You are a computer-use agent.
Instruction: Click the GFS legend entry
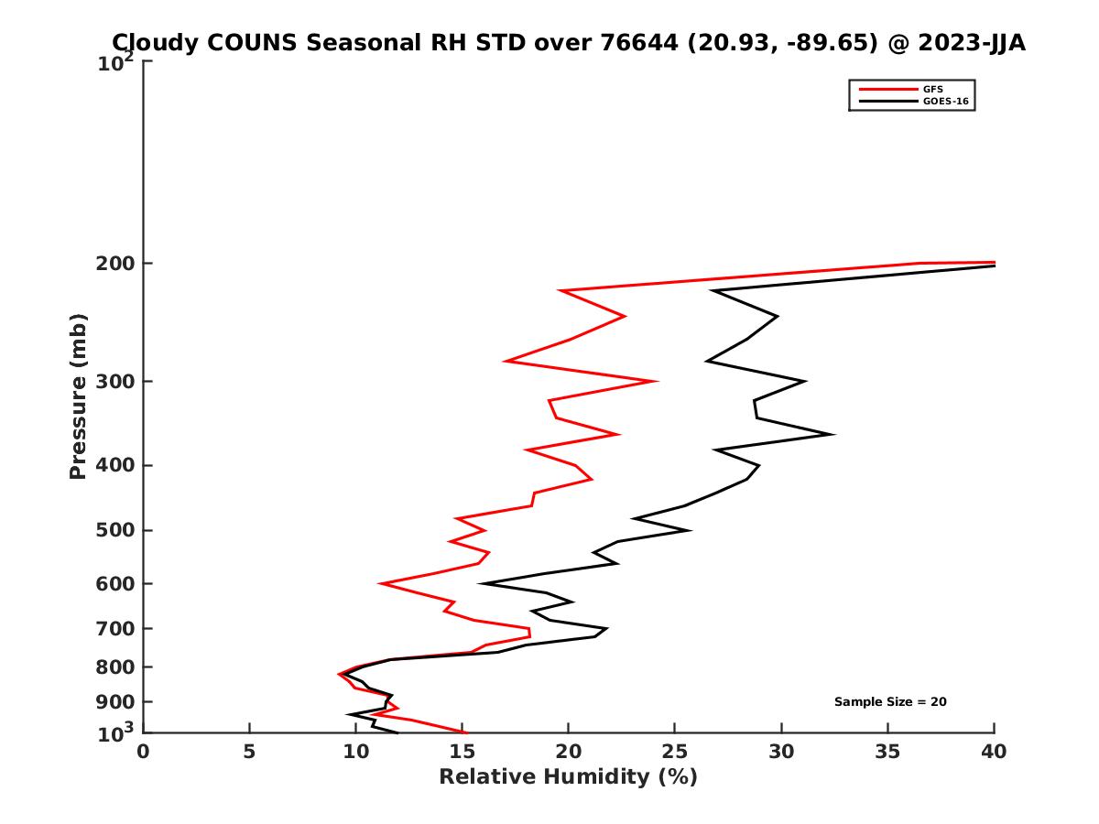coord(935,89)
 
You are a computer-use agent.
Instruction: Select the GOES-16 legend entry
coord(942,101)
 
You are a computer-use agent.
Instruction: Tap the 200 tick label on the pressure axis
coord(114,264)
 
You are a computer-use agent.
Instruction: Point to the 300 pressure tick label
coord(114,382)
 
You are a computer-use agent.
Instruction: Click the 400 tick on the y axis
coord(114,465)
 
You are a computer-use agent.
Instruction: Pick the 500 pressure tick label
coord(114,530)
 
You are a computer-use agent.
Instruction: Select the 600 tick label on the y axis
coord(114,583)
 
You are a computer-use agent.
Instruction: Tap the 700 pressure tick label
coord(114,628)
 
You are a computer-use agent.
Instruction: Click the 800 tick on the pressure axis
coord(114,667)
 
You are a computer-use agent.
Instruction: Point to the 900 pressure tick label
coord(114,702)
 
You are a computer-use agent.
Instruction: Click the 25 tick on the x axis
coord(675,752)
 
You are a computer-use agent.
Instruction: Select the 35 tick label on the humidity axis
coord(887,752)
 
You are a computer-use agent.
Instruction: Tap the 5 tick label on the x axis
coord(249,752)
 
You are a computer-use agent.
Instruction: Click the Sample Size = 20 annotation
coord(890,702)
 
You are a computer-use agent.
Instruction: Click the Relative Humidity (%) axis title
coord(568,777)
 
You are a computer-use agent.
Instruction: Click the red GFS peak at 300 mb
coord(657,381)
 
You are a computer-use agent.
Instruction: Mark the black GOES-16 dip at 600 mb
coord(482,583)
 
